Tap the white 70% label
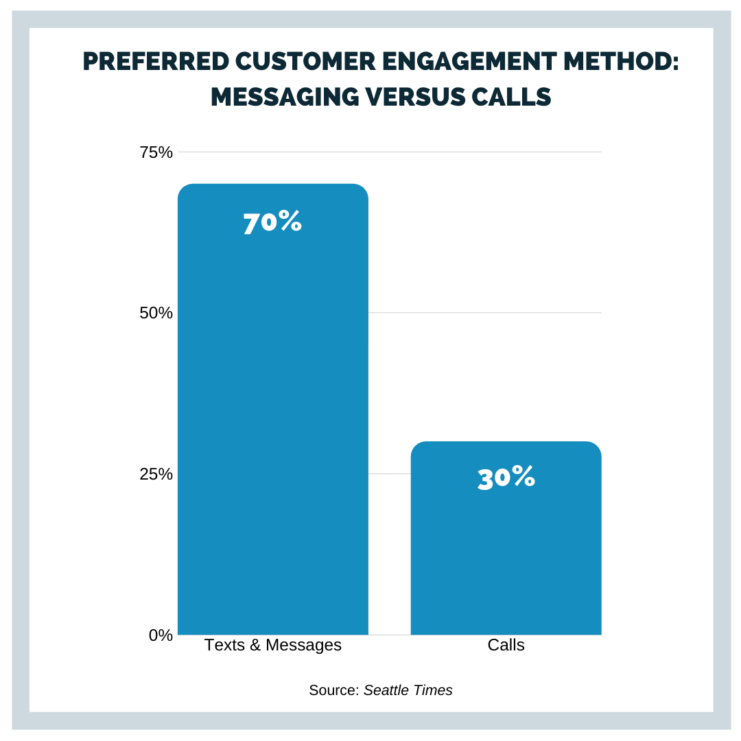[272, 223]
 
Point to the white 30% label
[506, 478]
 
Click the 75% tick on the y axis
[156, 152]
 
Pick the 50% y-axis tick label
[156, 313]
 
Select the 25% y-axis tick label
[156, 474]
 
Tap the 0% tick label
[161, 635]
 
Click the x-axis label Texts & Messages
[272, 646]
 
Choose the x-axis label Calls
[506, 646]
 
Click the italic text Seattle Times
[408, 690]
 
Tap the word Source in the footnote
[332, 690]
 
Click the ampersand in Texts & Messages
[253, 646]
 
